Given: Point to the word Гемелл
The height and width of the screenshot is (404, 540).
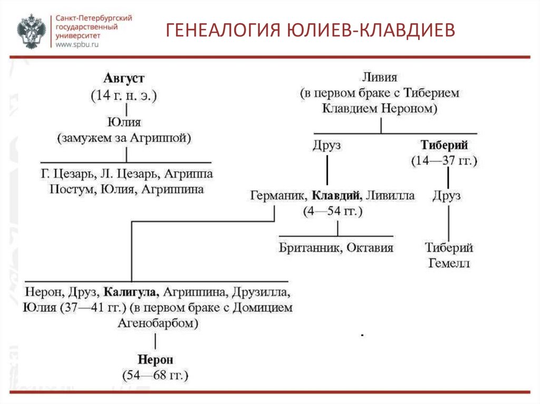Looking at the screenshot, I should (449, 263).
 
